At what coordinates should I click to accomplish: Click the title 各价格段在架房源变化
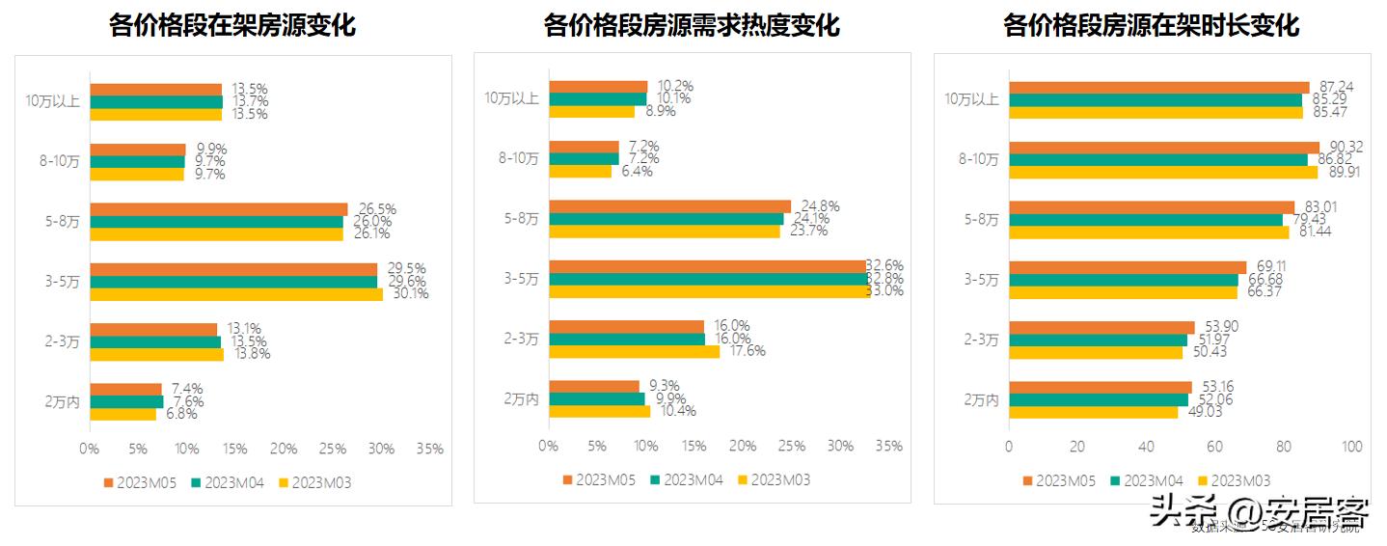(x=232, y=25)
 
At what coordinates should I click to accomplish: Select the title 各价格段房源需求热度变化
(x=692, y=25)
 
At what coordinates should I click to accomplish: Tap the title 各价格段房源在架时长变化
(x=1152, y=25)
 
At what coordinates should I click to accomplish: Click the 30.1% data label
(x=410, y=294)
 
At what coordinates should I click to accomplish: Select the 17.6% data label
(x=747, y=351)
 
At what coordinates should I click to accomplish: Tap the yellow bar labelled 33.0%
(x=709, y=291)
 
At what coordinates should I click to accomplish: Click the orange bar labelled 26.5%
(x=218, y=209)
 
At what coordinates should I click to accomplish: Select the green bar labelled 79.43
(x=1146, y=219)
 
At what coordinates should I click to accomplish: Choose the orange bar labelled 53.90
(x=1101, y=327)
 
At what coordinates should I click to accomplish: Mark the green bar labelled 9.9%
(x=596, y=398)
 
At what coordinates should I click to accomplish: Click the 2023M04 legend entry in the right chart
(x=1146, y=480)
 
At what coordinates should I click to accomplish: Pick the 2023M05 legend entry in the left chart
(x=137, y=482)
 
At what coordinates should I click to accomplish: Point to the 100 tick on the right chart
(x=1352, y=447)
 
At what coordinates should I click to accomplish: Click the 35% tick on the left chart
(x=429, y=449)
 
